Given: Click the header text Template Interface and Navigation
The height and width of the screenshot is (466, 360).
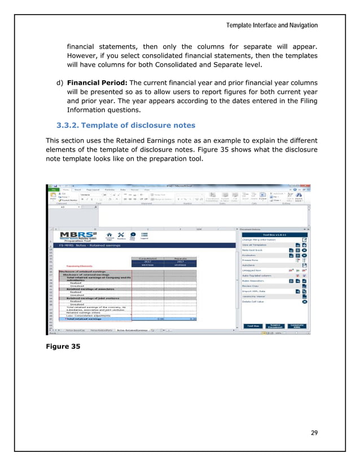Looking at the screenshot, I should tap(272, 25).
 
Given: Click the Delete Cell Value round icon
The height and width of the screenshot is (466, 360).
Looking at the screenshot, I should tap(304, 301).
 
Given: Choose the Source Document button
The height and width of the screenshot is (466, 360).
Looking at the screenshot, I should tap(276, 326).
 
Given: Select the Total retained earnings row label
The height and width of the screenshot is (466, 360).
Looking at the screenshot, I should tap(85, 318).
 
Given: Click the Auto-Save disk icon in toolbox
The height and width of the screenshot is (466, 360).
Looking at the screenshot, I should tap(304, 265).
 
